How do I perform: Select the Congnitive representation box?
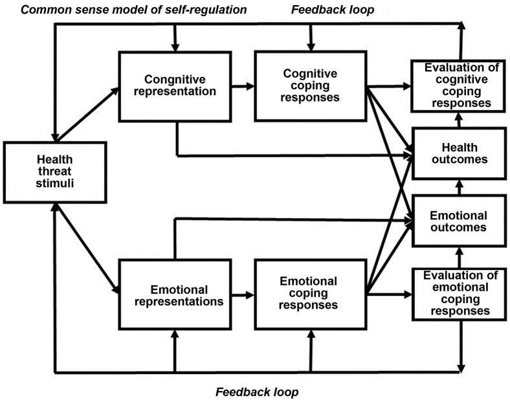click(175, 85)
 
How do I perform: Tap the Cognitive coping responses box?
click(310, 85)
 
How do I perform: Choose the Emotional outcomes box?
click(458, 220)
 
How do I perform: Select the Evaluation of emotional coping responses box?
click(458, 293)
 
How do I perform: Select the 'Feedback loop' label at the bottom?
click(257, 392)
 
